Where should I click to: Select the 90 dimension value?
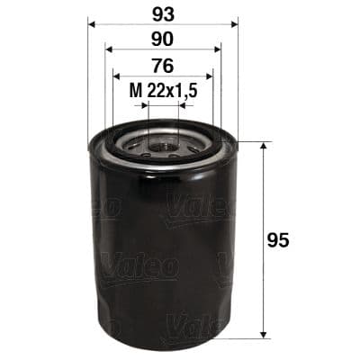click(163, 40)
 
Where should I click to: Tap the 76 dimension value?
click(163, 65)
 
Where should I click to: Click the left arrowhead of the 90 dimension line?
click(108, 50)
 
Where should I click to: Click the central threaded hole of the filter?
click(163, 141)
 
